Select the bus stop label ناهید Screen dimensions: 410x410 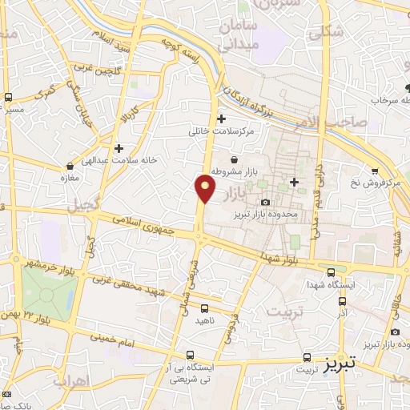206,320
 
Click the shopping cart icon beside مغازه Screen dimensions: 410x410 70,167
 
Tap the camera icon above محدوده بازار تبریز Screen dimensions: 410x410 266,202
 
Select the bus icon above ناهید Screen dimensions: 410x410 205,308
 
